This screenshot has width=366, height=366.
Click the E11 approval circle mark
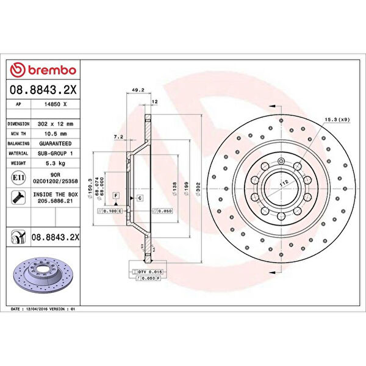coord(18,178)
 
